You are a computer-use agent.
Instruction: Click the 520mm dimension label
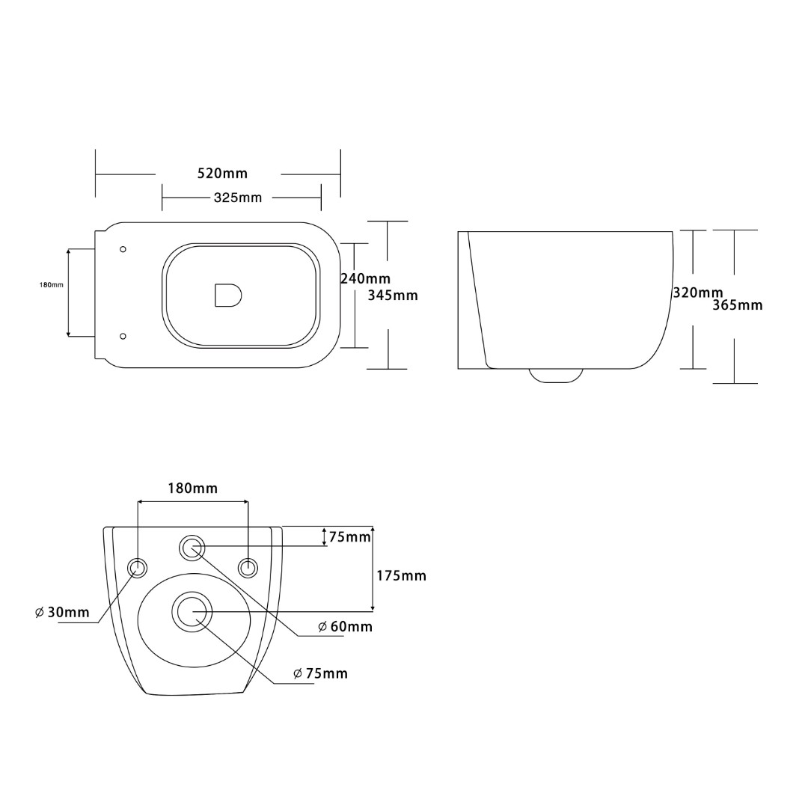[223, 173]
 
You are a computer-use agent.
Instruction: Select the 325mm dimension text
[238, 198]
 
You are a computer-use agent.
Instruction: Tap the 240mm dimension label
[365, 279]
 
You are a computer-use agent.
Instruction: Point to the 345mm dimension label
[393, 296]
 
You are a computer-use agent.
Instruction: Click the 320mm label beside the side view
[698, 293]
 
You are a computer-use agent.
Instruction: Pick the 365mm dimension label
[738, 305]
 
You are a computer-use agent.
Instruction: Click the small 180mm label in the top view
[52, 284]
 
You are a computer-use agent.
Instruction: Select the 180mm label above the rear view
[193, 488]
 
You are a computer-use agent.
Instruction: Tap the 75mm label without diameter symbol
[350, 537]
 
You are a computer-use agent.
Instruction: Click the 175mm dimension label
[402, 575]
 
